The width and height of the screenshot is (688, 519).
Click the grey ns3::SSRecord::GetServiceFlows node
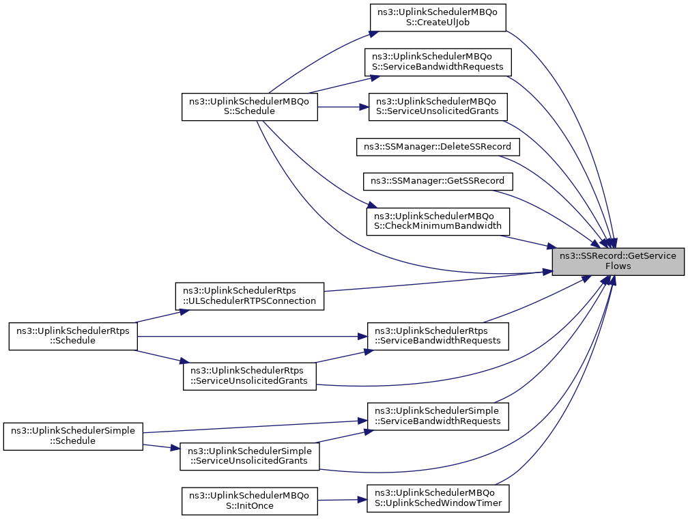pos(618,262)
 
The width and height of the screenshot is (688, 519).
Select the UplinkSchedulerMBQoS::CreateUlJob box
pos(438,18)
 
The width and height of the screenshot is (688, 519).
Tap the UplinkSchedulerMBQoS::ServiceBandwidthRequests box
pos(438,62)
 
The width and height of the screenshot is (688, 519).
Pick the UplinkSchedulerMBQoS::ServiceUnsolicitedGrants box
pos(438,107)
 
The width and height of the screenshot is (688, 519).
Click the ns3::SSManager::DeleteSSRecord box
pos(438,147)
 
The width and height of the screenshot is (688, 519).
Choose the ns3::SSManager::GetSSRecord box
pos(438,181)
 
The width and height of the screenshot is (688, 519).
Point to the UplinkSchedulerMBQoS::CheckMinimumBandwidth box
pos(438,221)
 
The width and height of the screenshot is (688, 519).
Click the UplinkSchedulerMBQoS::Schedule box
pos(250,107)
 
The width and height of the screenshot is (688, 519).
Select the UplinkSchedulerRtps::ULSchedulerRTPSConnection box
pos(250,296)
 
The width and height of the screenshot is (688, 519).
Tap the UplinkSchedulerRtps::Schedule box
pos(73,337)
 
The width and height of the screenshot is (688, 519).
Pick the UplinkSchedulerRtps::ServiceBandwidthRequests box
pos(438,337)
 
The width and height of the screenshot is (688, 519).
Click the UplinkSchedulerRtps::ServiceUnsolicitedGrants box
pos(250,376)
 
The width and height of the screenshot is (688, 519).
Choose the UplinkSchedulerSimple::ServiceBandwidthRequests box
pos(438,417)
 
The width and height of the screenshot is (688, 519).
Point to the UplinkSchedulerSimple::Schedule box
pos(73,436)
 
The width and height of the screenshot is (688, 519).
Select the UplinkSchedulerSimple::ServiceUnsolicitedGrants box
pos(250,457)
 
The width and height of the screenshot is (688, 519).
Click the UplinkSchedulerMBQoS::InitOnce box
pos(250,501)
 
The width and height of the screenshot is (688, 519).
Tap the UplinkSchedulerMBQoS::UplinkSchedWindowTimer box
pos(438,499)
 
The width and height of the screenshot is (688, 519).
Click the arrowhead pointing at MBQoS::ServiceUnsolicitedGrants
pos(364,107)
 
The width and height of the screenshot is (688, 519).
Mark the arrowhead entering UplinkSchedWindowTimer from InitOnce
pos(363,500)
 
